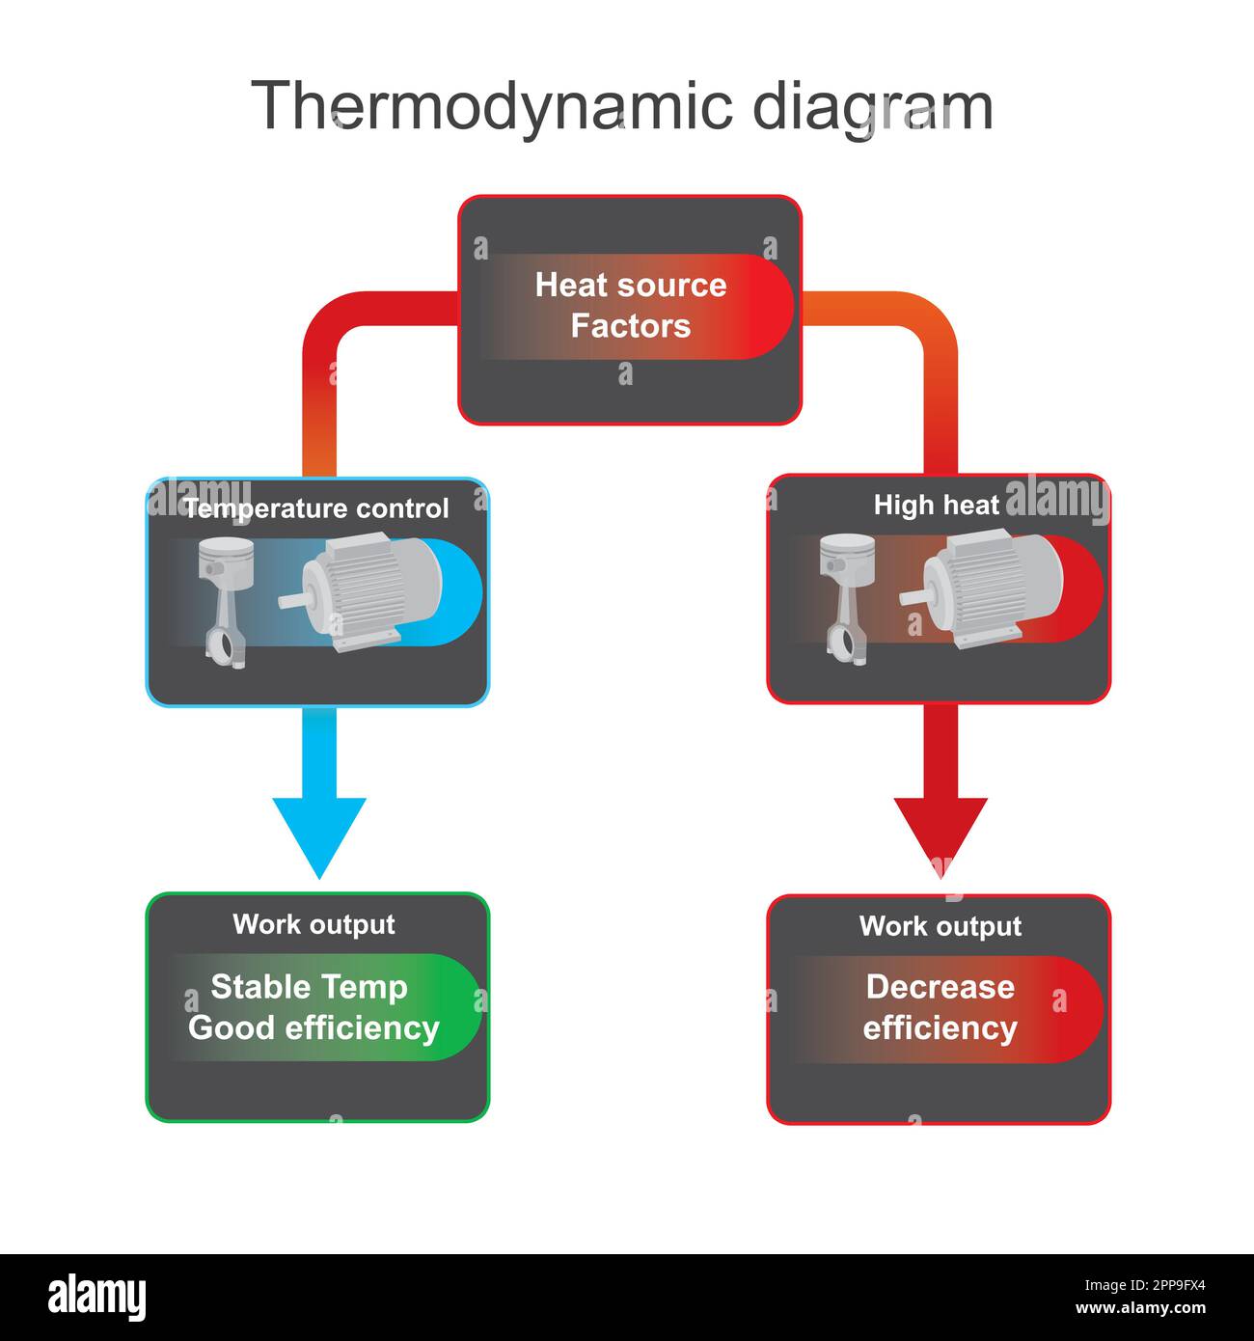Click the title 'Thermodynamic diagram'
[x=622, y=106]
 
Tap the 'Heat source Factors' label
[x=631, y=305]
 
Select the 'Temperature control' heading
[x=316, y=508]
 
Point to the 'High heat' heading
[x=937, y=505]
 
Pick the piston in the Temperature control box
[x=226, y=598]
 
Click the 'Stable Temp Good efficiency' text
[x=313, y=1007]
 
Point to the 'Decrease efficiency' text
[x=940, y=1007]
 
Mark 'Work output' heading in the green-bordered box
[x=313, y=924]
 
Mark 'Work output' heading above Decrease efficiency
[x=940, y=926]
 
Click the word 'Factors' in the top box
[x=631, y=326]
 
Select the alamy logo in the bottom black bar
[x=97, y=1297]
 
